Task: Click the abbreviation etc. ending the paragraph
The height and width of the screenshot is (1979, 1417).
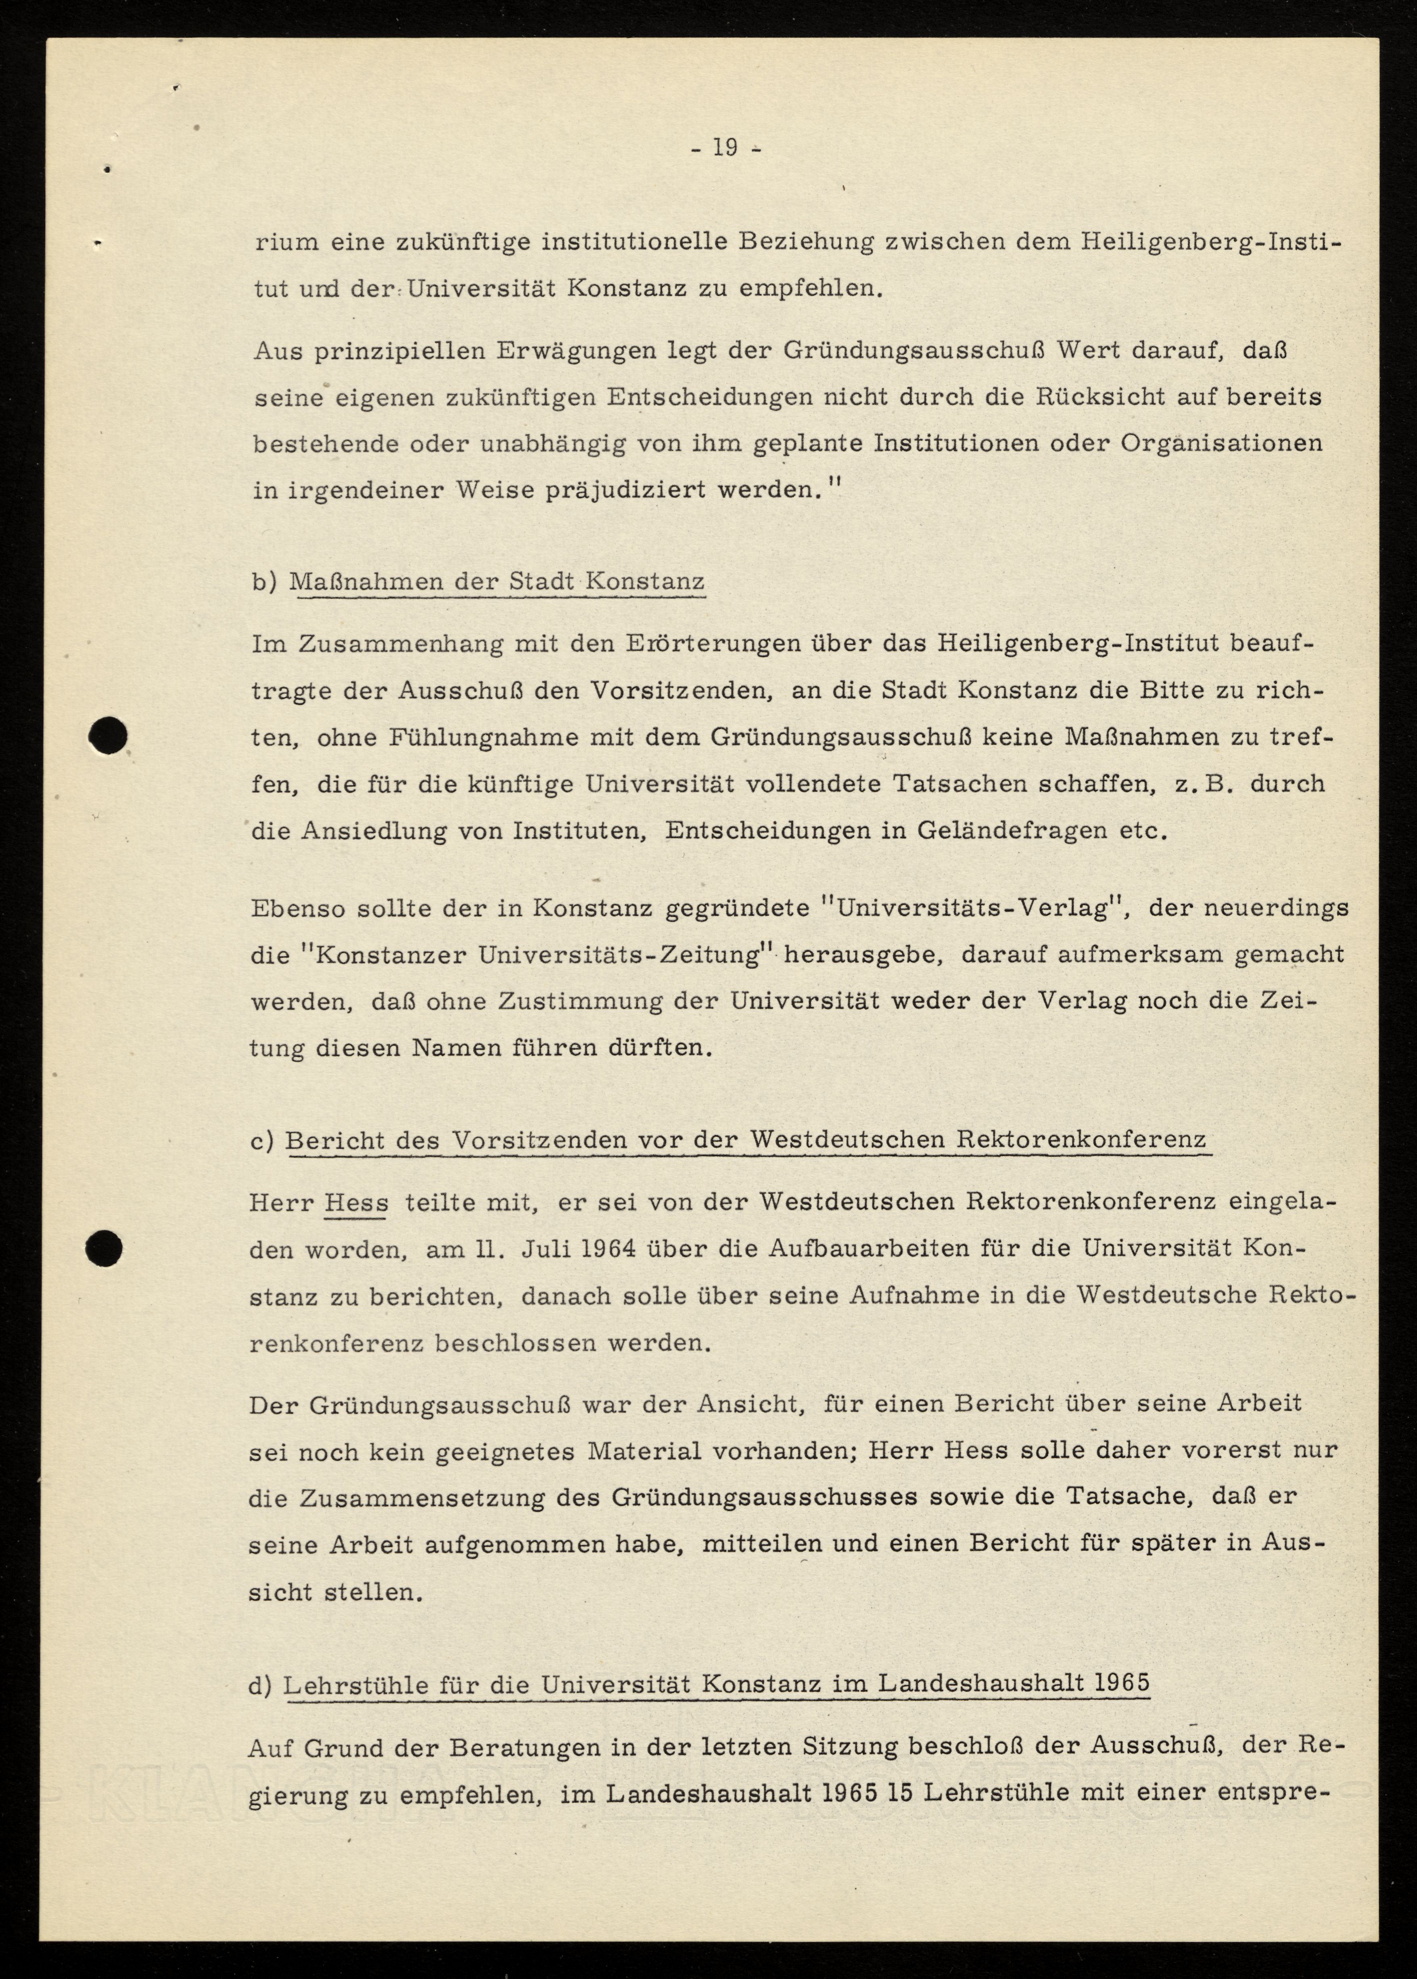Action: pos(1143,830)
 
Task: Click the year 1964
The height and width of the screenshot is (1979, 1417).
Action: pos(610,1248)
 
